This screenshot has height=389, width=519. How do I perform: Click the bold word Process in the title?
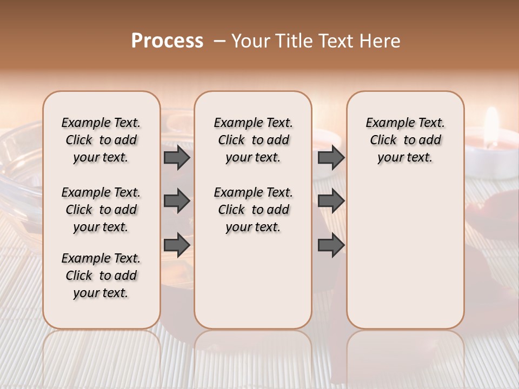point(167,41)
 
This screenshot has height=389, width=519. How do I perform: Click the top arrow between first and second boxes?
point(177,158)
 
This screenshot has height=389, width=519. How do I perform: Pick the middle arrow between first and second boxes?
point(177,202)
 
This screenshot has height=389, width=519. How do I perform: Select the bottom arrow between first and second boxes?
point(177,245)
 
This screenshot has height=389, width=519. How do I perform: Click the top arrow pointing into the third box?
point(331,158)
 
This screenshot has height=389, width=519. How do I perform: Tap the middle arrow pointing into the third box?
point(331,202)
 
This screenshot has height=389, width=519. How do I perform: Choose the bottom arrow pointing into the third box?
point(331,245)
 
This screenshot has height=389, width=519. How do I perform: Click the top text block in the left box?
point(101,140)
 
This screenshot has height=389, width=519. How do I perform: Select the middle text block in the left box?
point(101,210)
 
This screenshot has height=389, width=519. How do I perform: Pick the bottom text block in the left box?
point(101,276)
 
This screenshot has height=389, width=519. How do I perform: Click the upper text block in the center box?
point(253,140)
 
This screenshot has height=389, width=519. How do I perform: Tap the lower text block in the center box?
point(253,210)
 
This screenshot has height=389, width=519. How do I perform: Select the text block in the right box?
point(405,140)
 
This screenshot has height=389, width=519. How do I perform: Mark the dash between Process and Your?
point(219,42)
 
